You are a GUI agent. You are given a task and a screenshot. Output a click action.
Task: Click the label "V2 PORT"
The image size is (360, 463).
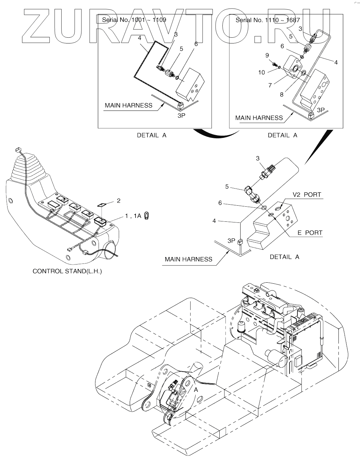(x=307, y=195)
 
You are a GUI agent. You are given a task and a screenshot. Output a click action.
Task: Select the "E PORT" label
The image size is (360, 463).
(x=310, y=233)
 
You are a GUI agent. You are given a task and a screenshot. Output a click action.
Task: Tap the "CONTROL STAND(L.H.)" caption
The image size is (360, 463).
(x=67, y=271)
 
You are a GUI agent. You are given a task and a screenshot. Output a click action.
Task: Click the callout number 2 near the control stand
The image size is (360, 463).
(x=119, y=201)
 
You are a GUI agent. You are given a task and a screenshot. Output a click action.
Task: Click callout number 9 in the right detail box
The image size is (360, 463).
(x=267, y=55)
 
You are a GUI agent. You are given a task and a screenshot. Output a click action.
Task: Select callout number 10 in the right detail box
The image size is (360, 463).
(x=261, y=73)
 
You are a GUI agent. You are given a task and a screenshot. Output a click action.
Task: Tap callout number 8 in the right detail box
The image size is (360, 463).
(x=282, y=94)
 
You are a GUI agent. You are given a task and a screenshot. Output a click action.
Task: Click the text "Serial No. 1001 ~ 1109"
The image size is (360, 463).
(x=134, y=20)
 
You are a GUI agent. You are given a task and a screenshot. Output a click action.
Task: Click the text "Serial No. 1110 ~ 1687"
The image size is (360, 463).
(x=268, y=20)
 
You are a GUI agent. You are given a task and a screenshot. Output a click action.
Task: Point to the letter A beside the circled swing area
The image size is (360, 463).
(x=196, y=390)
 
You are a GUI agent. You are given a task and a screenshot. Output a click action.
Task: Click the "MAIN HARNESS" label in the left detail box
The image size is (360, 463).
(x=128, y=105)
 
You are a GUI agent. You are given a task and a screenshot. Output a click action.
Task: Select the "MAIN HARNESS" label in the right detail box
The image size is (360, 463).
(x=259, y=118)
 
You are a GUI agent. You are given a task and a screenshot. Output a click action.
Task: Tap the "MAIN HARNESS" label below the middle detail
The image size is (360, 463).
(x=188, y=259)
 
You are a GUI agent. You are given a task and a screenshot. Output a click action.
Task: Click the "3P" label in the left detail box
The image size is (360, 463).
(x=181, y=116)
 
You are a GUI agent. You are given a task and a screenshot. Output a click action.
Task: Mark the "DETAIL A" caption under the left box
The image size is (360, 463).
(x=152, y=135)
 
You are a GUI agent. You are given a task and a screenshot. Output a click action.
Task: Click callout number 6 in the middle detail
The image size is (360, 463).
(x=220, y=203)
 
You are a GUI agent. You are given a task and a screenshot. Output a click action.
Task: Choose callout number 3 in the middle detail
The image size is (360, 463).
(x=258, y=158)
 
